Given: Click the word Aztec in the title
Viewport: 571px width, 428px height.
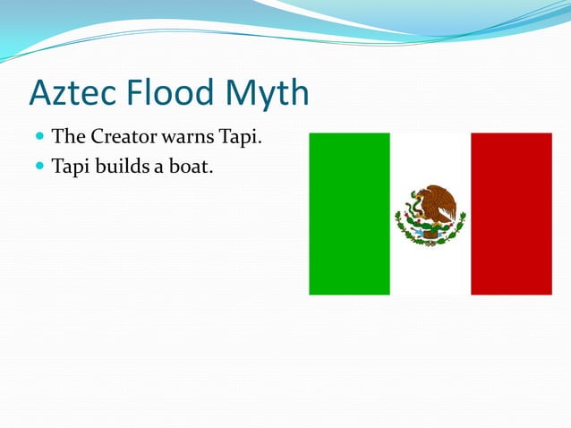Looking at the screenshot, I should [x=72, y=93].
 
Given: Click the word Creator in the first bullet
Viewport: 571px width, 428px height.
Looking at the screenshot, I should [x=120, y=138].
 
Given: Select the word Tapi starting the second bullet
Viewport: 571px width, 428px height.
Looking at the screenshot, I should [x=71, y=167].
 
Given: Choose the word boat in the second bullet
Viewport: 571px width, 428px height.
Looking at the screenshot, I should [x=194, y=166].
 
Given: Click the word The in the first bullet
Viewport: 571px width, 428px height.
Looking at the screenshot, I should [x=67, y=138].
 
